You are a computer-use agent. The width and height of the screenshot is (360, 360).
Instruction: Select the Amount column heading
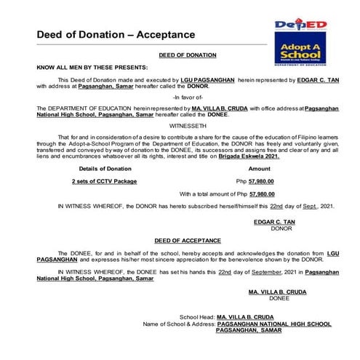(260, 168)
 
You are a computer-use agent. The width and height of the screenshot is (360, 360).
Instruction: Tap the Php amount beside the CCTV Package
(255, 181)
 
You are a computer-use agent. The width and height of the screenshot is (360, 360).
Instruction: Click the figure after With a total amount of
(262, 194)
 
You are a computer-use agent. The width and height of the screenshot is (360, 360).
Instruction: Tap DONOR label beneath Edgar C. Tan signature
(280, 228)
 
